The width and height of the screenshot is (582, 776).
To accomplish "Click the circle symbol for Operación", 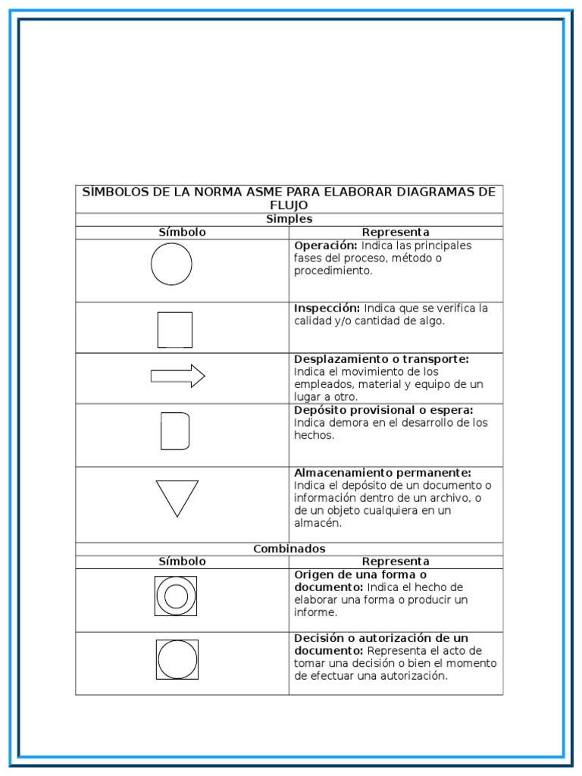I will click(x=171, y=264).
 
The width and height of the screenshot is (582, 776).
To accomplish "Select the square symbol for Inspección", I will click(x=174, y=330).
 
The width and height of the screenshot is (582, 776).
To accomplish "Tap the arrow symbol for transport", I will click(x=177, y=376).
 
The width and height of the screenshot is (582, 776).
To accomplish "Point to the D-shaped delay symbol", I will click(x=174, y=431).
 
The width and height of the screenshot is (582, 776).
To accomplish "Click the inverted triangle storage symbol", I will click(x=177, y=497).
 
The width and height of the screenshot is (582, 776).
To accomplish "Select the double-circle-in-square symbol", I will click(x=176, y=596).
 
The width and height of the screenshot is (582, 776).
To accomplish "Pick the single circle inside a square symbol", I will click(x=177, y=659).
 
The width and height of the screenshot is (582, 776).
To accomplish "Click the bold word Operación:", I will click(x=326, y=246).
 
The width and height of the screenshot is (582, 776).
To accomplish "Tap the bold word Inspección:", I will click(x=327, y=308).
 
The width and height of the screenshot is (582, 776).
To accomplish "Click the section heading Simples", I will click(x=289, y=219).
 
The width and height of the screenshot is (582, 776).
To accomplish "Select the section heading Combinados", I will click(x=289, y=549).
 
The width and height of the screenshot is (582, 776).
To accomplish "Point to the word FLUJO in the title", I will click(x=289, y=205).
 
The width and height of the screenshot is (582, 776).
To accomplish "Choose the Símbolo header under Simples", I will click(x=182, y=232).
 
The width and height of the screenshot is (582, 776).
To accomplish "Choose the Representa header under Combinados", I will click(x=395, y=562).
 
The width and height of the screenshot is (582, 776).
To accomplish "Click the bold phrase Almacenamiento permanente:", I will click(x=383, y=473).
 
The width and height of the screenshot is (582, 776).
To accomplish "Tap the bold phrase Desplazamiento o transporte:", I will click(x=381, y=359).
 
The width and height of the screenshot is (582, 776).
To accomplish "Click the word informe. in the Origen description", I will click(x=315, y=612).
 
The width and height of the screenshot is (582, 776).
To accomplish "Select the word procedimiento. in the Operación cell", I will click(x=333, y=271).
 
